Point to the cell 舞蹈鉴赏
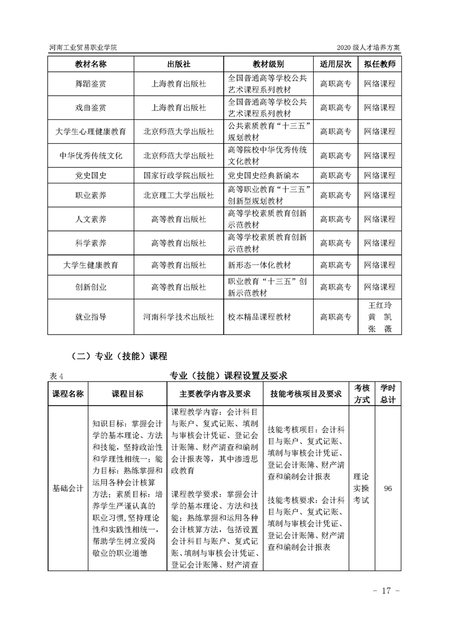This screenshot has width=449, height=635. tap(91, 84)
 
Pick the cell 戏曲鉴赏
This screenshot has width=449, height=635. tap(91, 108)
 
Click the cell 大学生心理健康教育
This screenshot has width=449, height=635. tap(91, 131)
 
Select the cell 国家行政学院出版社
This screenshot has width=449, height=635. tap(178, 175)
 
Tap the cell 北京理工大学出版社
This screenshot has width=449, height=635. tap(178, 195)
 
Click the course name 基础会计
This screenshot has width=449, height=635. tap(68, 487)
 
